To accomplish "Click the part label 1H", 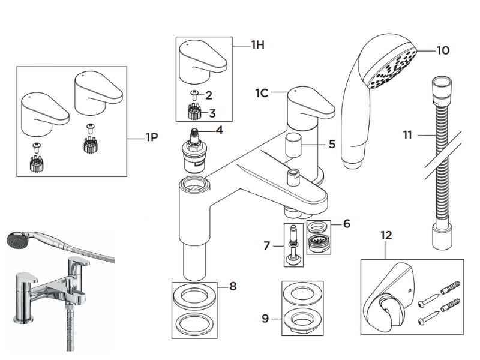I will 259,44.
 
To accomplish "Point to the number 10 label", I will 443,50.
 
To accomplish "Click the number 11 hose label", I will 408,136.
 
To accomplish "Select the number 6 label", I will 347,224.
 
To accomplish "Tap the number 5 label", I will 332,144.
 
